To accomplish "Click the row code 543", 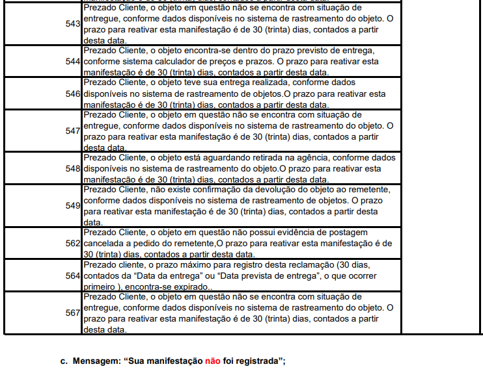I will [73, 24].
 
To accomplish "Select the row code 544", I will [73, 61].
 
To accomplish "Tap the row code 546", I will [73, 94].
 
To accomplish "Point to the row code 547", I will [73, 131].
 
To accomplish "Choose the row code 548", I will [73, 168].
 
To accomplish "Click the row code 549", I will [73, 205].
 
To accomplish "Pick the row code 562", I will [73, 243].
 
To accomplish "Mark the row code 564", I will [73, 275].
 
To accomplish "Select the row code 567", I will [73, 313].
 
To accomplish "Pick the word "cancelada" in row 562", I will [106, 243].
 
